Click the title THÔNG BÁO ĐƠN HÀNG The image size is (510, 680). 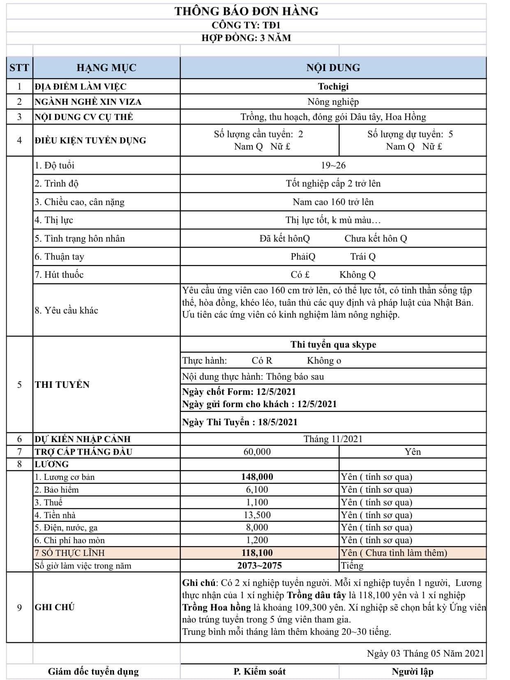(x=246, y=11)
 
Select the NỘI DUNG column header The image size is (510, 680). (x=333, y=68)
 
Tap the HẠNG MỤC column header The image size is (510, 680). (x=106, y=68)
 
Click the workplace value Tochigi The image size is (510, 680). (x=333, y=86)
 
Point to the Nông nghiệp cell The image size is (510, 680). (x=333, y=101)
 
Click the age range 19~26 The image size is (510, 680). (x=333, y=165)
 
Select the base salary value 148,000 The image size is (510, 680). (x=257, y=477)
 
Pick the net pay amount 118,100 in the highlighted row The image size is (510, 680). (x=257, y=553)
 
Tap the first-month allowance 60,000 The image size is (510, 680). (x=257, y=452)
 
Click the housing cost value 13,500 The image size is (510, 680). (x=257, y=515)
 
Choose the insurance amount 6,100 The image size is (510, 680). (x=257, y=489)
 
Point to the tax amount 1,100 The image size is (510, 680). (x=257, y=502)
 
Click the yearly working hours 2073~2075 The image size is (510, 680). (x=259, y=565)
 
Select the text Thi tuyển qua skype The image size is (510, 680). (x=333, y=344)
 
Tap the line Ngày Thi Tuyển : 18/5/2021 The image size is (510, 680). (x=240, y=422)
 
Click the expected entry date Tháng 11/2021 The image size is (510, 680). (x=333, y=439)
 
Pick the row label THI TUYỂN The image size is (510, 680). (x=62, y=385)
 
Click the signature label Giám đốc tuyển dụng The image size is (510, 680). (x=93, y=671)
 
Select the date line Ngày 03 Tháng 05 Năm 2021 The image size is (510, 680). (x=425, y=653)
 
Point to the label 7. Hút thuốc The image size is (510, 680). (x=59, y=274)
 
